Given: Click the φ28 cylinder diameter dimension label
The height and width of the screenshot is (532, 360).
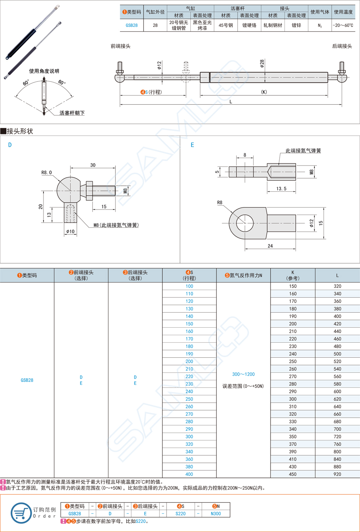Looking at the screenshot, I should [x=262, y=64].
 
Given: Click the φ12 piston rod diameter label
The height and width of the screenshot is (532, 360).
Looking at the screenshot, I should [x=159, y=65].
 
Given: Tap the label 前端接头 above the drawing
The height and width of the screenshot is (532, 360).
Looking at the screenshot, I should [x=120, y=46].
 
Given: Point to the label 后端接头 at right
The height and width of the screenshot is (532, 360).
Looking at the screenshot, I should [x=342, y=46].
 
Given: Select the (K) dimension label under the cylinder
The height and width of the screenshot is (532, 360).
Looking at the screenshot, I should [x=264, y=92].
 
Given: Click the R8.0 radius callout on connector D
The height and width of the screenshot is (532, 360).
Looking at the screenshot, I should [x=47, y=172].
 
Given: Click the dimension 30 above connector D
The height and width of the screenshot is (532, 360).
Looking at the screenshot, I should [x=93, y=165].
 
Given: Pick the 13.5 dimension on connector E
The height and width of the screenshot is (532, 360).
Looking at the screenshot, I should [x=281, y=189].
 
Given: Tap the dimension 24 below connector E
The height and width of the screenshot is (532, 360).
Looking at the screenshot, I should [x=270, y=246].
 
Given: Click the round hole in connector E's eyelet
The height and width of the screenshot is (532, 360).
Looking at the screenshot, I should [x=245, y=223].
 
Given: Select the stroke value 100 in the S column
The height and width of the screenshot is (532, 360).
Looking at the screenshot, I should [x=189, y=286].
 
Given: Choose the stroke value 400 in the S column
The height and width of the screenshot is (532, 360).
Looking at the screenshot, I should [x=189, y=474].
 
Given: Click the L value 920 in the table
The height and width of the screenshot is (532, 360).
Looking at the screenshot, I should [x=337, y=474].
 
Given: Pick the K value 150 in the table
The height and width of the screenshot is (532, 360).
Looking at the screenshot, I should [x=292, y=286].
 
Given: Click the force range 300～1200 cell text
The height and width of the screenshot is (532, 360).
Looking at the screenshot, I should [x=243, y=374].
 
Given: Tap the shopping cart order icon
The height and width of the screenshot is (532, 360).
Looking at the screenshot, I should [x=21, y=513].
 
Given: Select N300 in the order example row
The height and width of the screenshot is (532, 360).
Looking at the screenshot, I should [x=216, y=514].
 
